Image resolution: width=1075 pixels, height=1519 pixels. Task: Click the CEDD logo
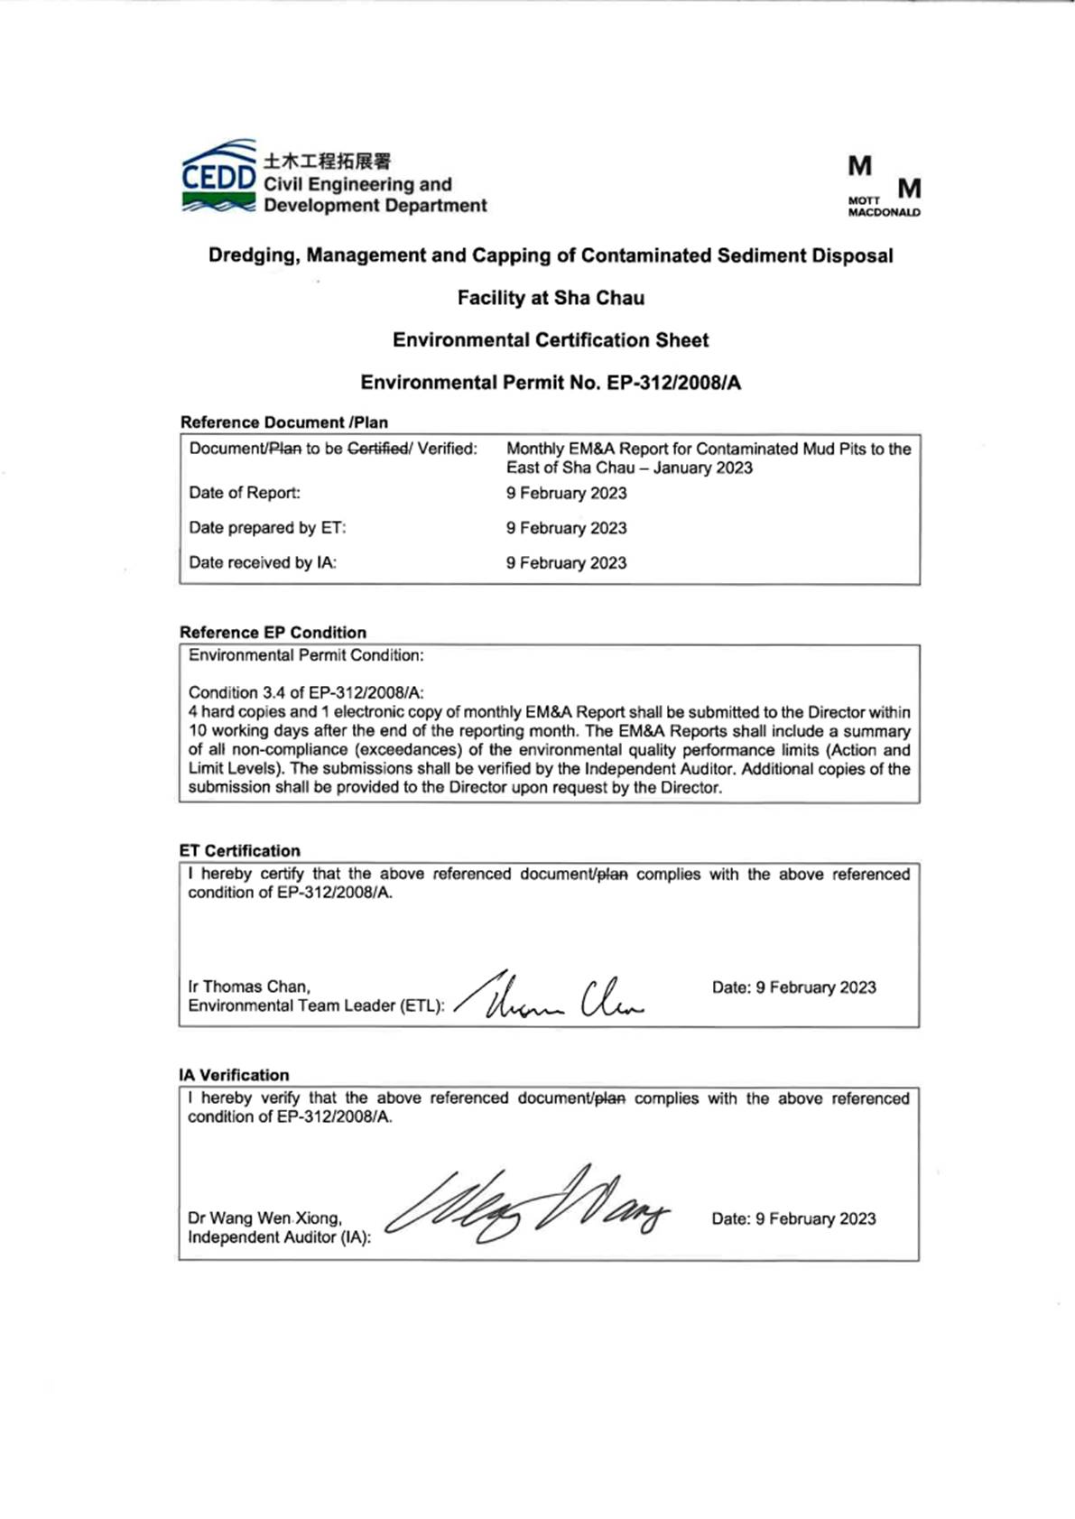[218, 177]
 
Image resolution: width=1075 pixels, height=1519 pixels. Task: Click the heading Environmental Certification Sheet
[551, 340]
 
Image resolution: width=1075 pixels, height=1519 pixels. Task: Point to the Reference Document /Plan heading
[283, 422]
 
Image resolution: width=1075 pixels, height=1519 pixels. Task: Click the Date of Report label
[245, 493]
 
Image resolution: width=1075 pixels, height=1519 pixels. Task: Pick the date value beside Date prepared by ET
[566, 528]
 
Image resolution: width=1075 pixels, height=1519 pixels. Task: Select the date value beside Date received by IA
[566, 563]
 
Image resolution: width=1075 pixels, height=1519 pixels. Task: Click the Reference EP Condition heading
[273, 633]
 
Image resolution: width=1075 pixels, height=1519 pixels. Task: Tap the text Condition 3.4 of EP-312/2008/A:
[306, 693]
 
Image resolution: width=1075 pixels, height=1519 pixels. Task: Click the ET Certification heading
[239, 851]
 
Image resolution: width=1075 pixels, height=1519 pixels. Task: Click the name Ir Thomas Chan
[249, 986]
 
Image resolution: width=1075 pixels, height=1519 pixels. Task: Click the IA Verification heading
[234, 1075]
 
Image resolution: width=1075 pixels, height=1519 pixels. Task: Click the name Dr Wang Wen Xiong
[264, 1218]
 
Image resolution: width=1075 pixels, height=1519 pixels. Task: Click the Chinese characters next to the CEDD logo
[327, 162]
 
